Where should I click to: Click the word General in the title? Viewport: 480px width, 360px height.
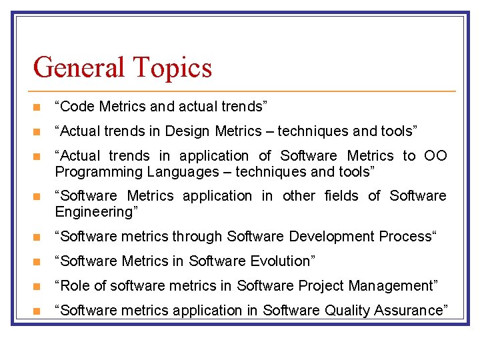pyautogui.click(x=79, y=68)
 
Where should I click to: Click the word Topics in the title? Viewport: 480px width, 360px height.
pyautogui.click(x=172, y=68)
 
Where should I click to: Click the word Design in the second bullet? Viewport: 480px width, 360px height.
pyautogui.click(x=186, y=131)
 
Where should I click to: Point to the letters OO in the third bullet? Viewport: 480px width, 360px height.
pyautogui.click(x=435, y=155)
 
